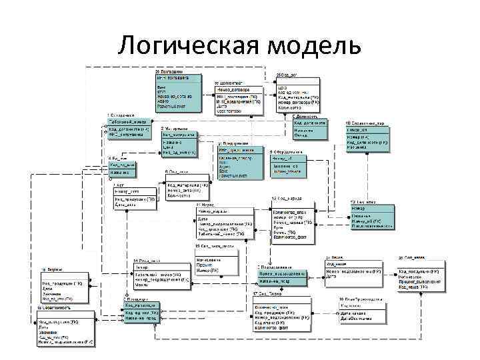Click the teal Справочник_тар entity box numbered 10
coord(367,137)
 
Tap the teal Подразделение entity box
coord(281,277)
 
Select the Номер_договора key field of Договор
coord(233,89)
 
